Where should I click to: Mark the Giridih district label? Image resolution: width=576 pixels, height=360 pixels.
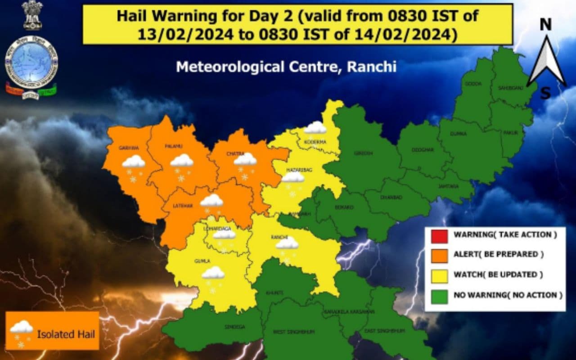364,153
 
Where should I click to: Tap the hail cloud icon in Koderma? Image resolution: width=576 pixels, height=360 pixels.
315,128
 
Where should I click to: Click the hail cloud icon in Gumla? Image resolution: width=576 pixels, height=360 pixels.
213,273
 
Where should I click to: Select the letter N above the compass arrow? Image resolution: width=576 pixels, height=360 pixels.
545,25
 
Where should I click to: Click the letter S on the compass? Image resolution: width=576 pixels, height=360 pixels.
545,93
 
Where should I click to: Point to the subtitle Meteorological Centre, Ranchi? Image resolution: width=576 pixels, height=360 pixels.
286,67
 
